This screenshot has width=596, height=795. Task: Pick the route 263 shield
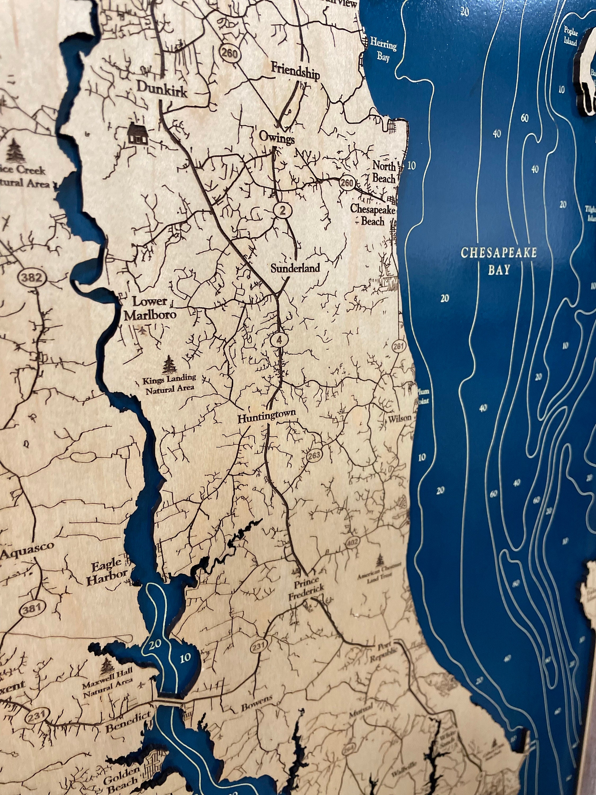click(314, 456)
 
